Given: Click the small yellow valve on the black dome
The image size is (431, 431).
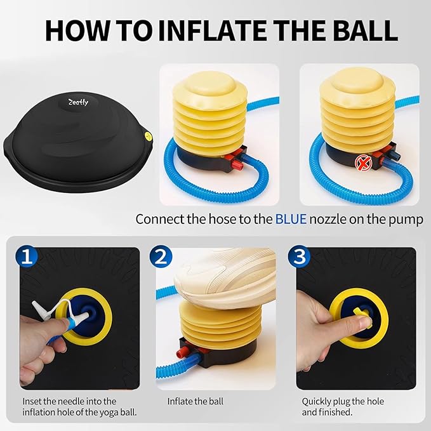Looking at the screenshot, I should (x=147, y=135).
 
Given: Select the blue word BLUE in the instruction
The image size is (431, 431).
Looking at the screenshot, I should (x=291, y=219).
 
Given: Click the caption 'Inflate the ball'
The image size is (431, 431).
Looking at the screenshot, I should (x=196, y=401).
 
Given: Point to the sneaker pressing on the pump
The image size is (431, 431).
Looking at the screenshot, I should (x=216, y=274).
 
